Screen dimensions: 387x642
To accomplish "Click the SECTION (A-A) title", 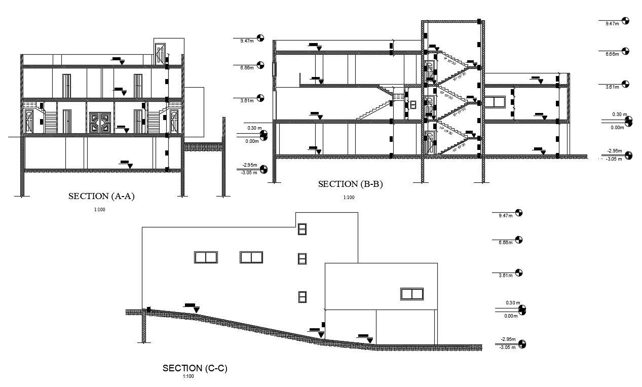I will (101, 197).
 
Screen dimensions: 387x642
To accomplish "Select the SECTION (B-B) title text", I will (350, 184).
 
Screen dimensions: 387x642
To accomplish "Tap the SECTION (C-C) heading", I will (195, 368).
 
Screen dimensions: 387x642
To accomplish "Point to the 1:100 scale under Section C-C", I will (188, 376).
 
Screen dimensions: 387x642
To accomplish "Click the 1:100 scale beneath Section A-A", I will (99, 210).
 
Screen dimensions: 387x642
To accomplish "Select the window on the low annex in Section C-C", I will (411, 294).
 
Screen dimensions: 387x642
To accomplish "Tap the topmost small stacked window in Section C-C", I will (302, 229).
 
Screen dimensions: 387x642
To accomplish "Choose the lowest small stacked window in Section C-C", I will (302, 297).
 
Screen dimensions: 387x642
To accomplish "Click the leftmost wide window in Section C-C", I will (206, 257).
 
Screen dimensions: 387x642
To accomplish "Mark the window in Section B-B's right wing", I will (496, 102).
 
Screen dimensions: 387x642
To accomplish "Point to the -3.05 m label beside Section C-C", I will (507, 347).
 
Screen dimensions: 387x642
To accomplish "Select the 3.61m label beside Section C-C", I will (506, 275).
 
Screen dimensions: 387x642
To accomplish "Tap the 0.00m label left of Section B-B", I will (252, 141).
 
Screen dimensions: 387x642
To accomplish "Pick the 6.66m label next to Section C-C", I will (506, 242).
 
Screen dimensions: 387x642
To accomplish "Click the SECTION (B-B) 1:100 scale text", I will (349, 198).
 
